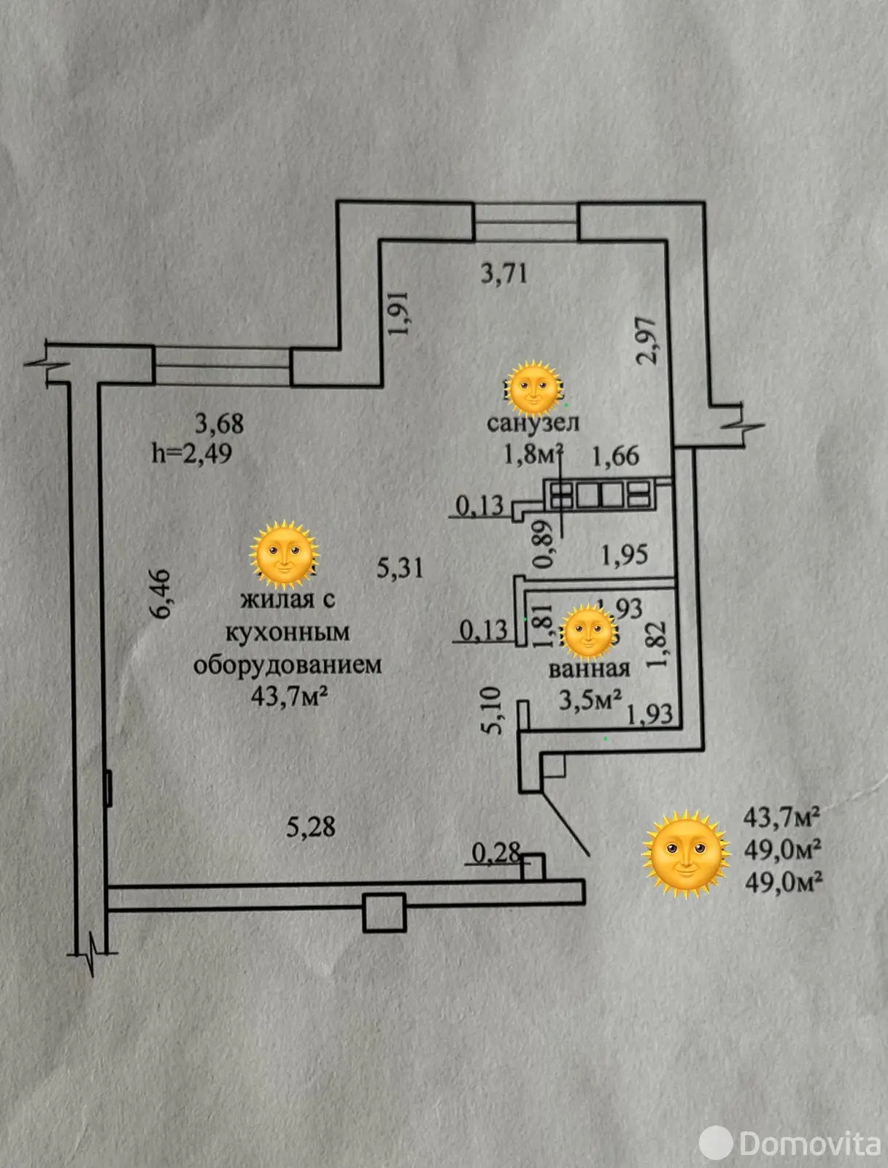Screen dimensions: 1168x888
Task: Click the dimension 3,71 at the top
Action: tap(504, 274)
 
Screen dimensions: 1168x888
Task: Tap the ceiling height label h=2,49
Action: tap(192, 453)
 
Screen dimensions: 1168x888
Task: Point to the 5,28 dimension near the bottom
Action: tap(311, 826)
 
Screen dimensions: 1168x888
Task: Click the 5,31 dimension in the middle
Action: tap(400, 567)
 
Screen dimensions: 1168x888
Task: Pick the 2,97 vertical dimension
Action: tap(650, 340)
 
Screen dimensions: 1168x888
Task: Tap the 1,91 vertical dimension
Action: tap(401, 313)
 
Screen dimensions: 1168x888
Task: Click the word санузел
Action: tap(533, 423)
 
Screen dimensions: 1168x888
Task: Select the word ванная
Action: tap(589, 669)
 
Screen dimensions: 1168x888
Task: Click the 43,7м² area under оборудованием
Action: tap(289, 696)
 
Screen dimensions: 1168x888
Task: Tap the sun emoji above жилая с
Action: tap(284, 553)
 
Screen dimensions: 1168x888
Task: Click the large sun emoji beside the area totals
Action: tap(686, 853)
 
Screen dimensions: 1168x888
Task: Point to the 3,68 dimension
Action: tap(219, 423)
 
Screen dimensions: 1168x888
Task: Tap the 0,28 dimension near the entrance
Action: tap(496, 851)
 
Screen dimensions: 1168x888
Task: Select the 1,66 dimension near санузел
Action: tap(615, 456)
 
